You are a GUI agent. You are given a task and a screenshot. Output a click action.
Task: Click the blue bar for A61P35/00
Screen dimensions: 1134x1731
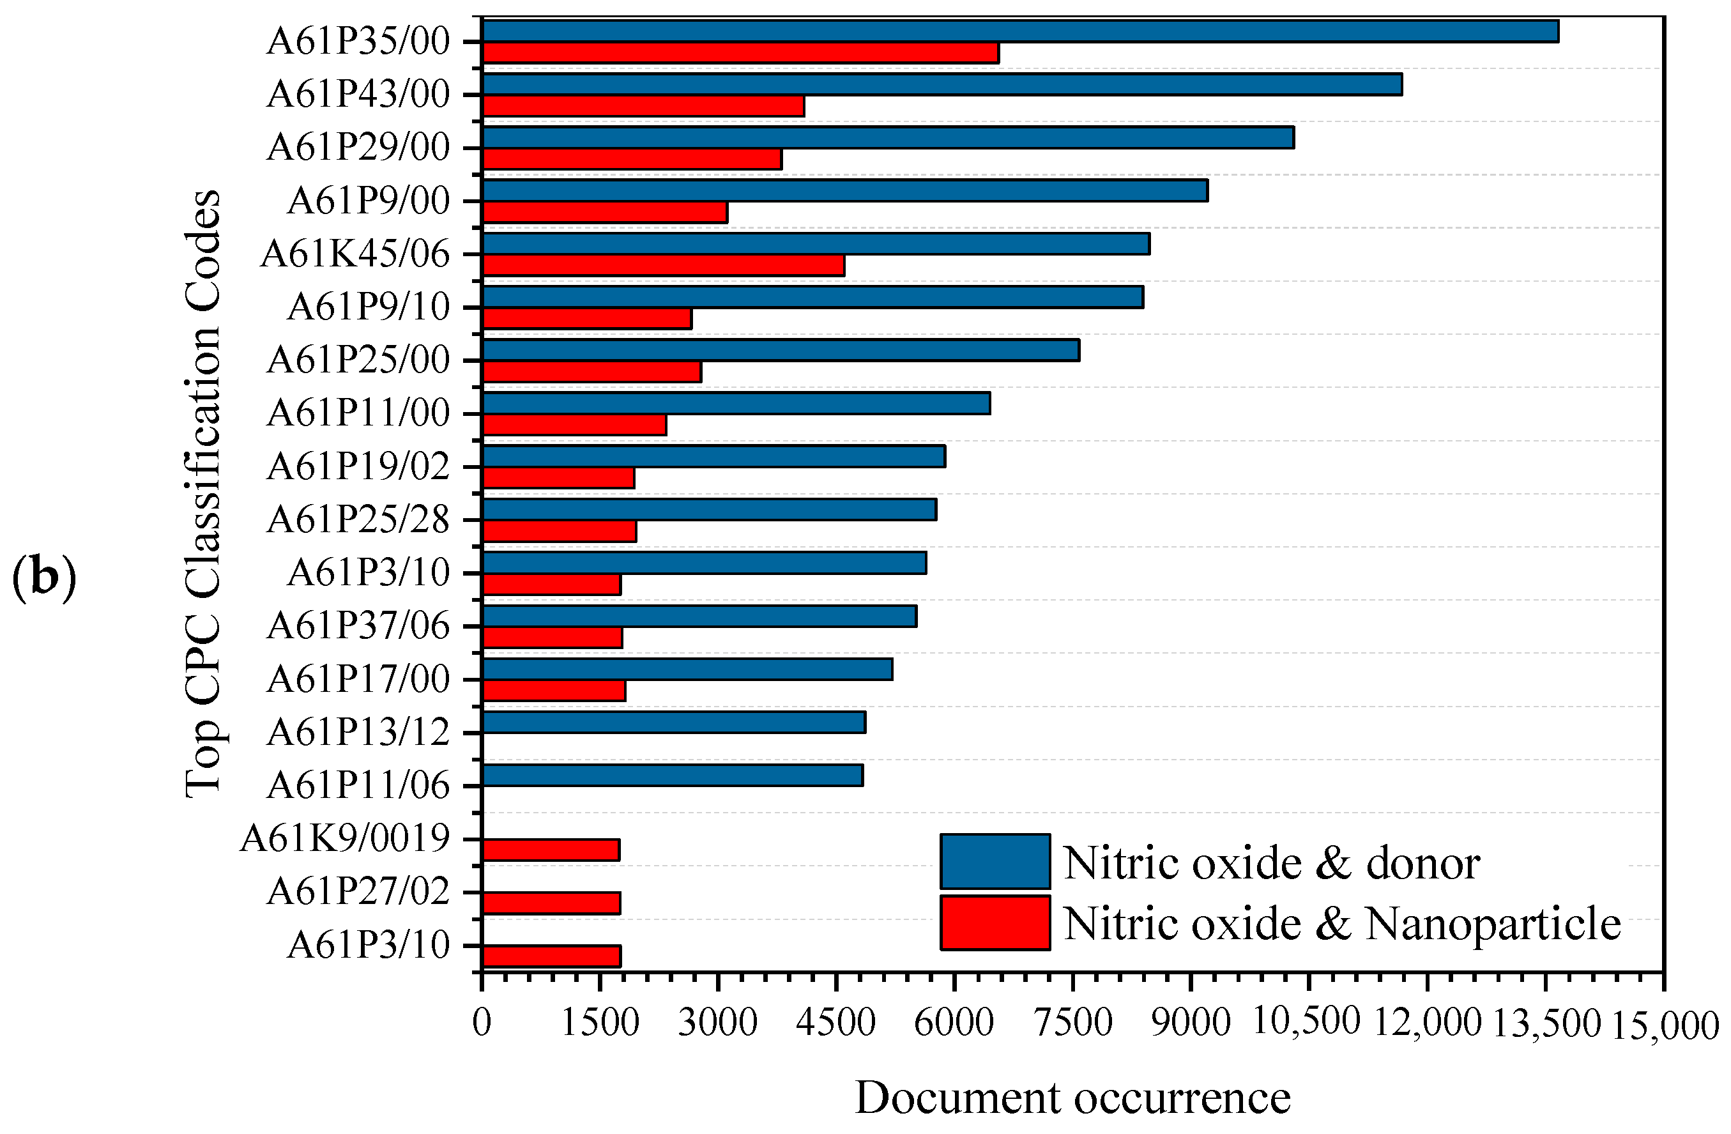tap(1019, 31)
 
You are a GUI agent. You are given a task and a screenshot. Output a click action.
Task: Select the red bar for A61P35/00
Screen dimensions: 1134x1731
tap(740, 53)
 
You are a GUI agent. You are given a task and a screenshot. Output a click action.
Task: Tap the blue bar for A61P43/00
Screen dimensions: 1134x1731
tap(941, 84)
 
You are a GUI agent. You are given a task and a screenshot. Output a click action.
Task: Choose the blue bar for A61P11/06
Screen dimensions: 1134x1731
tap(671, 776)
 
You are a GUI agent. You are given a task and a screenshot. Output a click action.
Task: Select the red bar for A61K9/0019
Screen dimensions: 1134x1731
tap(551, 850)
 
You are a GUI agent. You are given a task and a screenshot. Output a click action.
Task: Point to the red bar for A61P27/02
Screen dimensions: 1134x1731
tap(551, 903)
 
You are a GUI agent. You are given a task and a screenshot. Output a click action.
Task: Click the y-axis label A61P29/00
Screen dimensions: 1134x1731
tap(358, 148)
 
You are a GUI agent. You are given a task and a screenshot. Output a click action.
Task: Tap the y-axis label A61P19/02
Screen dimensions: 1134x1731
tap(358, 466)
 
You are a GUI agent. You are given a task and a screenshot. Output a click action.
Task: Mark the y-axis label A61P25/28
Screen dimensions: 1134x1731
tap(358, 519)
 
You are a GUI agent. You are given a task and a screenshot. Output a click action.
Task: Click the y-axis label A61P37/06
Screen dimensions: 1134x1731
tap(358, 625)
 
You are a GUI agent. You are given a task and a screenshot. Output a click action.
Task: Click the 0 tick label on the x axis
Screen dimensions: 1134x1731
tap(482, 1023)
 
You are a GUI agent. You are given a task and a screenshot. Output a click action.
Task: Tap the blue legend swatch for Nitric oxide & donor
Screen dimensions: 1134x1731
tap(995, 861)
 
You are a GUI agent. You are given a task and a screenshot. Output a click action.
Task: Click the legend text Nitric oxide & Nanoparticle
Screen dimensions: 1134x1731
tap(1342, 924)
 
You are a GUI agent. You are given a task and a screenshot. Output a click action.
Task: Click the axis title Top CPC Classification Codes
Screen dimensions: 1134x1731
tap(203, 494)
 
